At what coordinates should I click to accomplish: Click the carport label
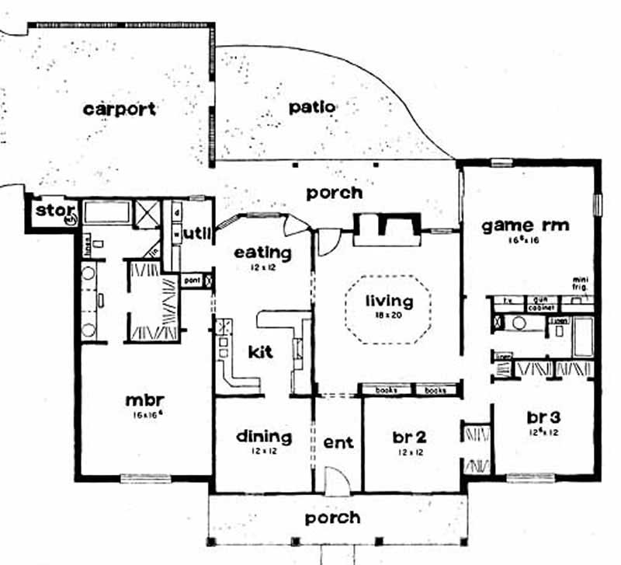point(120,108)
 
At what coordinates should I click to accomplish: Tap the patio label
point(313,106)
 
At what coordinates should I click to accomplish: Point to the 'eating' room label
point(262,253)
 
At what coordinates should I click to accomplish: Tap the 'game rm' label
point(526,226)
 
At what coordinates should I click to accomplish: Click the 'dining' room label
point(264,437)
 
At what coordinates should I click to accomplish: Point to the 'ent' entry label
point(338,442)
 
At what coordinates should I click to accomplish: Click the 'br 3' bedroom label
point(543,415)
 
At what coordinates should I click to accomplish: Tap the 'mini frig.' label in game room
point(582,283)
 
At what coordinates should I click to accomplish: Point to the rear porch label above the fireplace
point(334,192)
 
